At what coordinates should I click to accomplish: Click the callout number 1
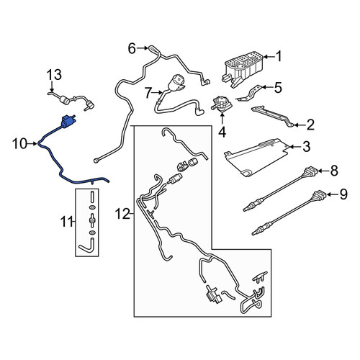click(279, 57)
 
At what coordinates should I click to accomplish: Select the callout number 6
click(132, 49)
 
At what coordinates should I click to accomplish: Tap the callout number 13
click(54, 75)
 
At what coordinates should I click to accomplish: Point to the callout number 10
click(20, 144)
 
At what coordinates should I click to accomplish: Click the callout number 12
click(122, 214)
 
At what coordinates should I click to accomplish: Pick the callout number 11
click(66, 221)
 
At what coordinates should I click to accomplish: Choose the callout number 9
click(343, 194)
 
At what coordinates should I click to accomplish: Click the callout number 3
click(306, 147)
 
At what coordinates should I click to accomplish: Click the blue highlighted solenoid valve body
click(68, 122)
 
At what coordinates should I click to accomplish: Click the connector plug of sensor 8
click(311, 172)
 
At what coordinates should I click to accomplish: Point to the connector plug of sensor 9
click(320, 194)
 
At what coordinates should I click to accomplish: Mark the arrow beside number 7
click(158, 92)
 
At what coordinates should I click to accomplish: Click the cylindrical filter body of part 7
click(176, 83)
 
